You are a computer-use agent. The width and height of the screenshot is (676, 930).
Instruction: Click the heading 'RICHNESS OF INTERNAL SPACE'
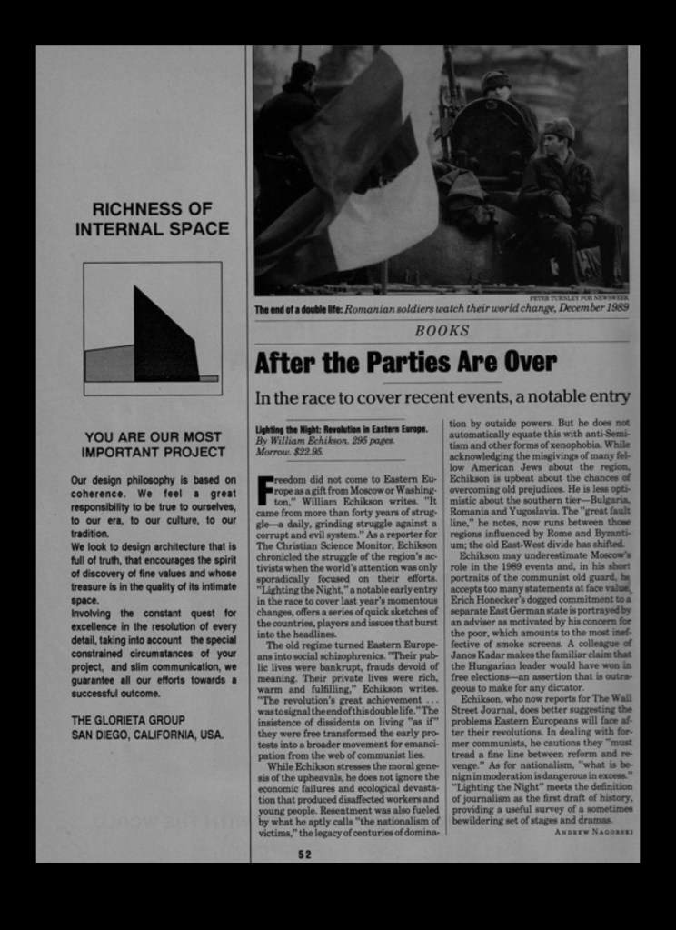pyautogui.click(x=152, y=218)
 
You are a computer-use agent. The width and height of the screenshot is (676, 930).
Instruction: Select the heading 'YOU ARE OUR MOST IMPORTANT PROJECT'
pyautogui.click(x=153, y=444)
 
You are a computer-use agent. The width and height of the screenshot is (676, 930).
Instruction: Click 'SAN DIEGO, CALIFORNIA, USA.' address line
pyautogui.click(x=147, y=735)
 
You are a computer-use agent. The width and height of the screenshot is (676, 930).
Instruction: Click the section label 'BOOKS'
pyautogui.click(x=442, y=331)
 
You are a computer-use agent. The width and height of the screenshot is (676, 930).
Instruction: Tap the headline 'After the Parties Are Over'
pyautogui.click(x=405, y=362)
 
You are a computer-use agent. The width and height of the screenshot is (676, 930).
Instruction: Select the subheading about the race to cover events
pyautogui.click(x=442, y=396)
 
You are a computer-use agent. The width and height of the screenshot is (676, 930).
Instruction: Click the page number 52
pyautogui.click(x=304, y=854)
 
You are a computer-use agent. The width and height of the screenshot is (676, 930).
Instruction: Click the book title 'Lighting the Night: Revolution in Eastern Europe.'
pyautogui.click(x=341, y=428)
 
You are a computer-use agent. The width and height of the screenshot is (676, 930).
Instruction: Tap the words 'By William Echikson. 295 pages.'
pyautogui.click(x=324, y=440)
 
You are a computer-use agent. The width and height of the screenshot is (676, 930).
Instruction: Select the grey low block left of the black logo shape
pyautogui.click(x=109, y=363)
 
